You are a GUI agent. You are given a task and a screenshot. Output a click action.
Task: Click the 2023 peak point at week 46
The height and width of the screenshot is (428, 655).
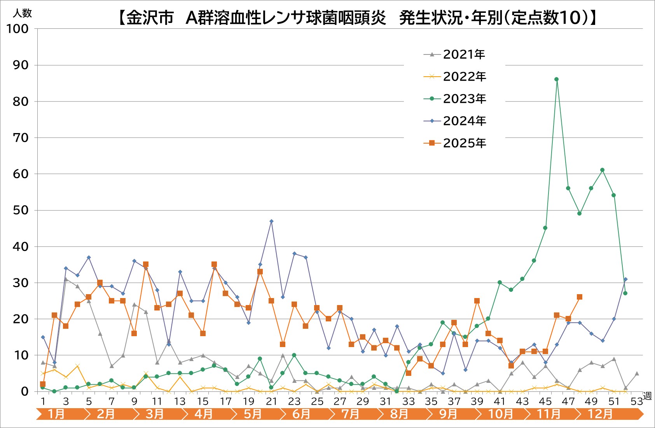pos(556,79)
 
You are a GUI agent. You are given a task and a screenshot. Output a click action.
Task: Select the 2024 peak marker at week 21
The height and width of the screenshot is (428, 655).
pos(271,221)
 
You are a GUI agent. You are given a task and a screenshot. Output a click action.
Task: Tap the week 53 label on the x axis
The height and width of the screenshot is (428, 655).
pos(636,402)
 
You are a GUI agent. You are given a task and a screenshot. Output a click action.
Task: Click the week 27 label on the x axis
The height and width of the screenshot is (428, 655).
pos(340,402)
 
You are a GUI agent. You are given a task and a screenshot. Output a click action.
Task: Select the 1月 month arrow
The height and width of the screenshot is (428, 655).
pos(57,414)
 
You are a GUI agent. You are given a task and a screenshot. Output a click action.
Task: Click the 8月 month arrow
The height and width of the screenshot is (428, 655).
pos(399,414)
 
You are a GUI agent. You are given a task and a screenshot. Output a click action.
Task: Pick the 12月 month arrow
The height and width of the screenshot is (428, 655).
pos(601,414)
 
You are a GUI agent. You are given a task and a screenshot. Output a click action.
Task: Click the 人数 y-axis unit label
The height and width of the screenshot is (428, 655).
pos(23,13)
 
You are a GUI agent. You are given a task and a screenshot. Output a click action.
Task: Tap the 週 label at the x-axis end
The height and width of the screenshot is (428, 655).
pos(647,396)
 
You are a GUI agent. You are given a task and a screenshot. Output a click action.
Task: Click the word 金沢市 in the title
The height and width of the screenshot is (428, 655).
pos(150,18)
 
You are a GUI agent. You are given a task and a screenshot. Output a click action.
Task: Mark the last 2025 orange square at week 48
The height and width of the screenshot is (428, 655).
pos(579,297)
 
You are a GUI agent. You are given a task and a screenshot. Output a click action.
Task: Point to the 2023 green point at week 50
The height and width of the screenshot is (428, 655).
pos(602,170)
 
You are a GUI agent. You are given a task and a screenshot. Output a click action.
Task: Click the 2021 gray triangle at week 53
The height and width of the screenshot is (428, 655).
pos(637,374)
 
